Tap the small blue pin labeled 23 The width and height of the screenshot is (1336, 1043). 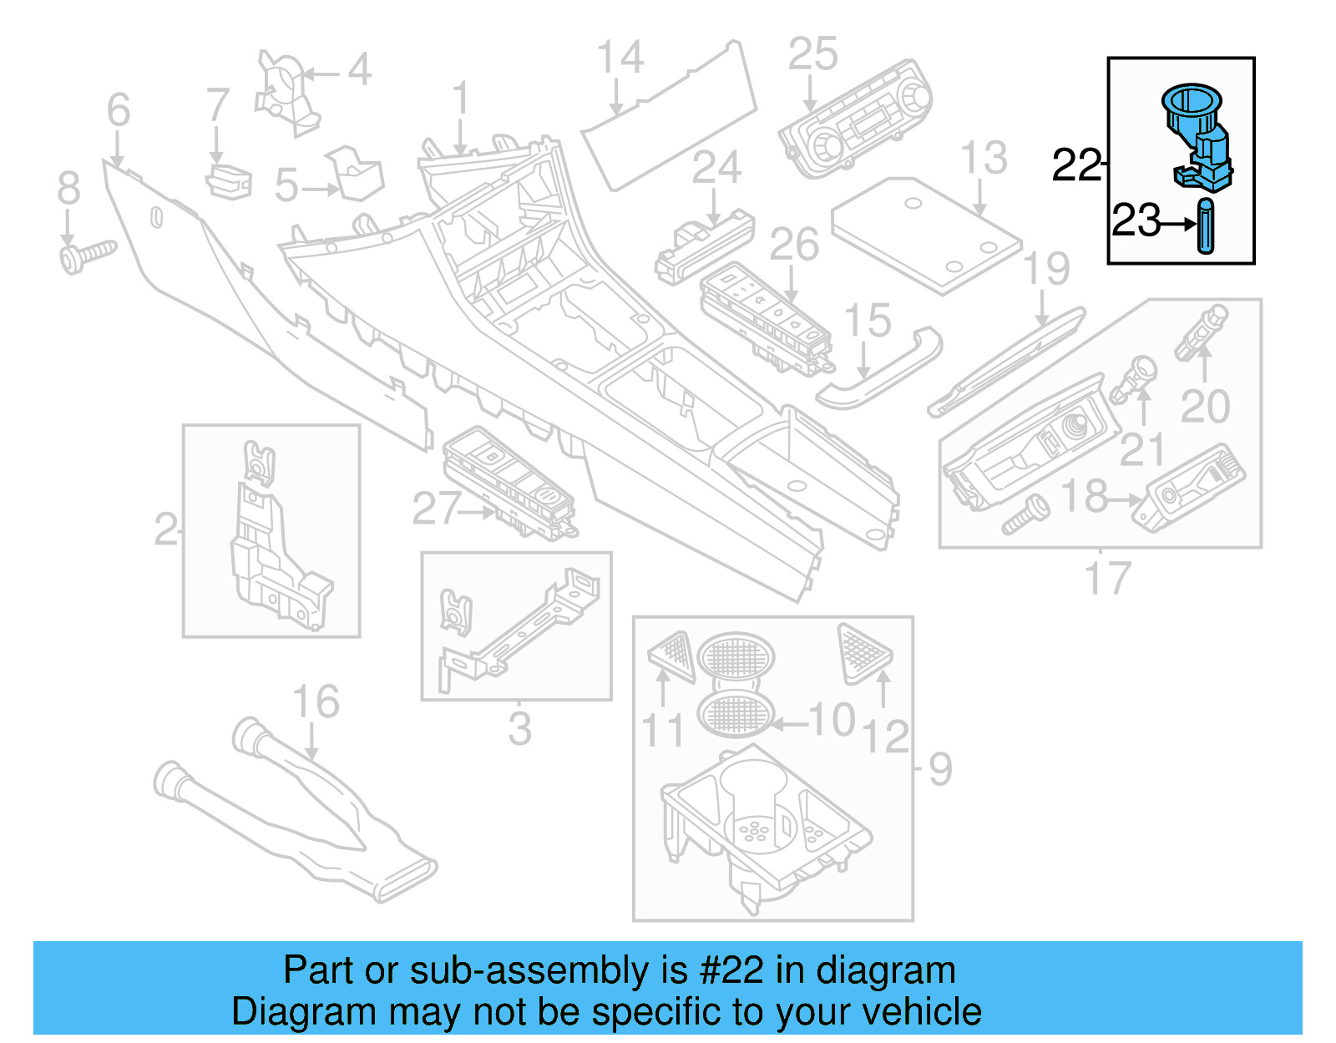click(1206, 225)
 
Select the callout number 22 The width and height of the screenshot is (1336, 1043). click(1076, 165)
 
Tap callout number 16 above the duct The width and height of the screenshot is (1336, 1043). click(316, 702)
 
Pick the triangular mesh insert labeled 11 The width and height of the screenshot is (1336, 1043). click(673, 656)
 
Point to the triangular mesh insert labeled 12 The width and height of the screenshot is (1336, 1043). click(864, 651)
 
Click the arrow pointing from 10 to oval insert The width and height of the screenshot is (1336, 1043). click(788, 723)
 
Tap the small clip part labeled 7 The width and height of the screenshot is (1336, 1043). click(229, 182)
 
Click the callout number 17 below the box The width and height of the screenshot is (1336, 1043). click(1107, 578)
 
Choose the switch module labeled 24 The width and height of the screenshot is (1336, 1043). click(705, 246)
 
